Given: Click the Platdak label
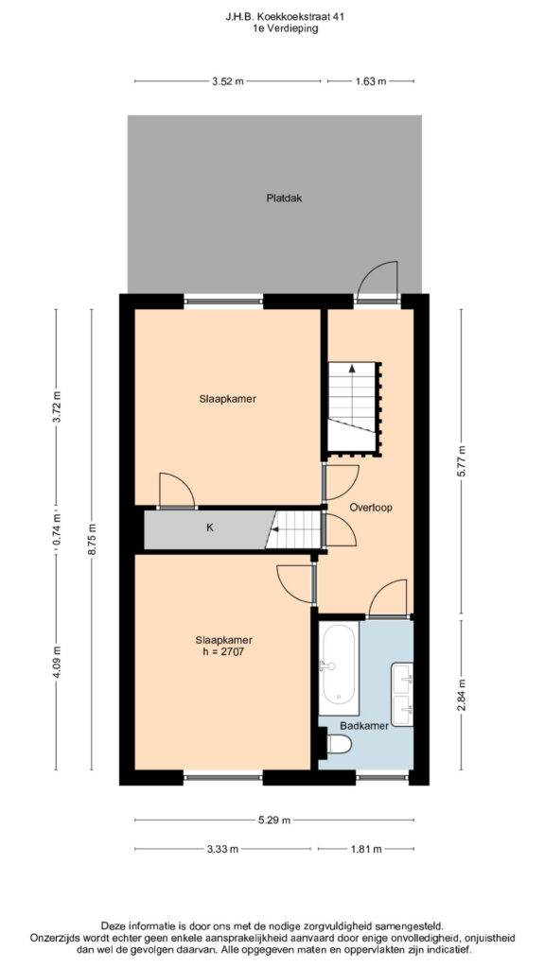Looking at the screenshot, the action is [x=284, y=199].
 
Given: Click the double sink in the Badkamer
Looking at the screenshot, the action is [x=401, y=694].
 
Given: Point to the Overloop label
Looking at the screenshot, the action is [x=371, y=508].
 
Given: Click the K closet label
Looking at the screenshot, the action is [x=210, y=528].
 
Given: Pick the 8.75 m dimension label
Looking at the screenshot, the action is [x=92, y=540].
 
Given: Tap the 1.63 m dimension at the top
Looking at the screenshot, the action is [x=370, y=81].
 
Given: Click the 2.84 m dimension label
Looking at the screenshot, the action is [x=461, y=695].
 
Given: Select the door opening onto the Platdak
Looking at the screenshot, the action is [x=378, y=282].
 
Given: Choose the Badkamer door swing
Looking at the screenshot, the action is [x=388, y=597].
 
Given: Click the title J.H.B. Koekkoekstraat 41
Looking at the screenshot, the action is [x=272, y=17].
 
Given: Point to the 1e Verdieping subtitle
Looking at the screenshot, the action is [x=272, y=28].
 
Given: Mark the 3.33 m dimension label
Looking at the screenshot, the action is [x=222, y=849].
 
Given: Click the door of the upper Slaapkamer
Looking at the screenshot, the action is [x=177, y=491].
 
